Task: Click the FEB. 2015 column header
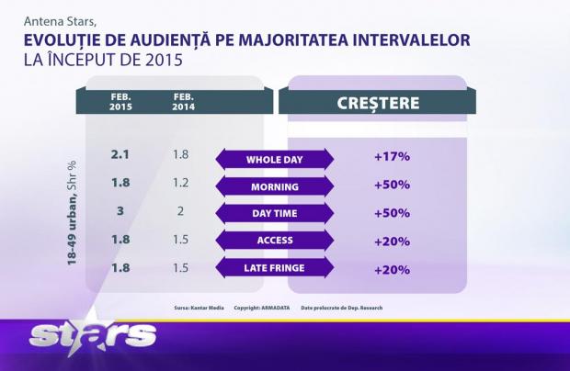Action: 120,100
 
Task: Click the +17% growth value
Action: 392,156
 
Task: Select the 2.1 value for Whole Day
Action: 120,155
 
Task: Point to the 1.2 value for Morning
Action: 181,182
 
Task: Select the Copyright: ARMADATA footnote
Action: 261,308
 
